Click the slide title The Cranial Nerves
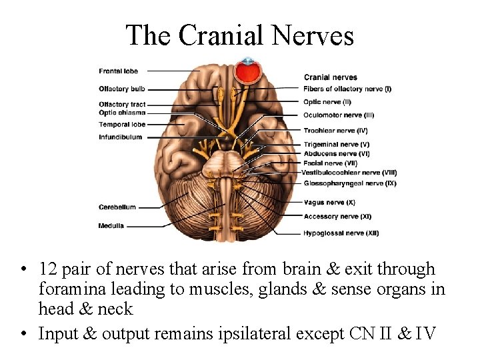tap(240, 35)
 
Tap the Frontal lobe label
tap(119, 71)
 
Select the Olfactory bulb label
tap(122, 89)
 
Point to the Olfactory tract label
tap(122, 105)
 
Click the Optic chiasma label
tap(122, 113)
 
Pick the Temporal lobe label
tap(122, 125)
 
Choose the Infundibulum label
tap(121, 137)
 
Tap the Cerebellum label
tap(117, 207)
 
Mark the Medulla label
tap(111, 226)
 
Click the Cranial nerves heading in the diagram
tap(331, 77)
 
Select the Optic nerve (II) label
tap(327, 102)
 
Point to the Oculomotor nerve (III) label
tap(339, 115)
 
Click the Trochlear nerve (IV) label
tap(335, 131)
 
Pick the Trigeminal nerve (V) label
tap(337, 145)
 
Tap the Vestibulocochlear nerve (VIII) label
tap(349, 173)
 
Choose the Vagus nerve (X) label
tap(329, 202)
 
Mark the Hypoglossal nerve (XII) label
tap(341, 233)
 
